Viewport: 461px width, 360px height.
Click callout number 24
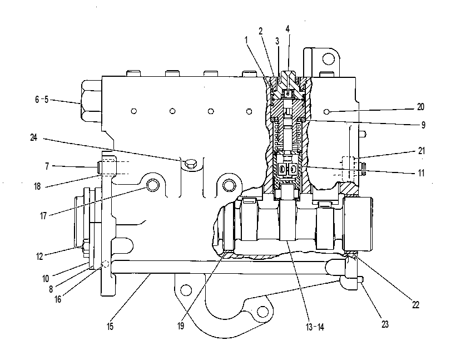pyautogui.click(x=34, y=137)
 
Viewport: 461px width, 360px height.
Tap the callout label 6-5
pyautogui.click(x=42, y=100)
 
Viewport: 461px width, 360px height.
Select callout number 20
pyautogui.click(x=421, y=107)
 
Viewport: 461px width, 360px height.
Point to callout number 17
pyautogui.click(x=43, y=216)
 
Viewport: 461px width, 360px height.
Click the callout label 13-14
pyautogui.click(x=315, y=327)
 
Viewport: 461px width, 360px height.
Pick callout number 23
pyautogui.click(x=385, y=324)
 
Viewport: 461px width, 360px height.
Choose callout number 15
pyautogui.click(x=110, y=326)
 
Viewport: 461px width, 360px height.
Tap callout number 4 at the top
pyautogui.click(x=287, y=28)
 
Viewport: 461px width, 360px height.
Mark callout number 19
pyautogui.click(x=181, y=326)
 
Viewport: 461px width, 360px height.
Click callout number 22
pyautogui.click(x=415, y=305)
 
